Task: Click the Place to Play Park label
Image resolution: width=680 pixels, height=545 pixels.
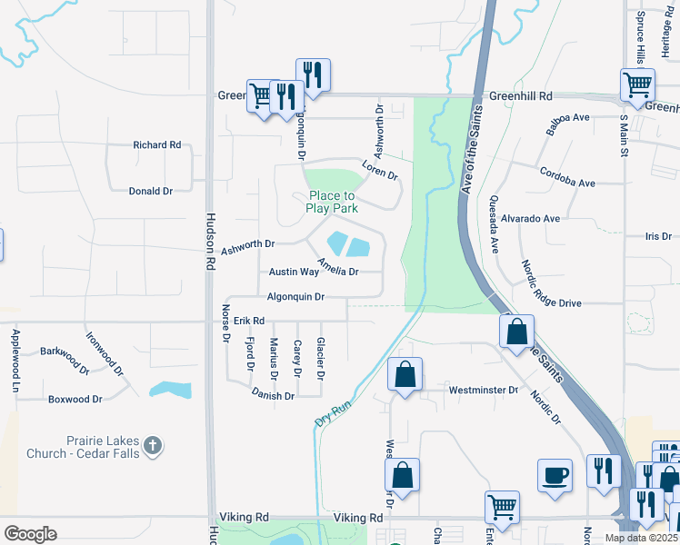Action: (332, 202)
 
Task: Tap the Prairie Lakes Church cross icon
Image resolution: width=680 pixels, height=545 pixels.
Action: (154, 446)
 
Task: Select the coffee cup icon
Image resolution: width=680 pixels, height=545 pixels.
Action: (555, 474)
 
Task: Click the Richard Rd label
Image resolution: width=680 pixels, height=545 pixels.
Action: (156, 144)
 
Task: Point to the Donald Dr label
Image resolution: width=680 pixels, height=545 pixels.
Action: (150, 191)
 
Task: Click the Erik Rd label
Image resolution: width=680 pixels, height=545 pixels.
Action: (248, 321)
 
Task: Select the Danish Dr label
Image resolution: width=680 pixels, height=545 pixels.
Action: (273, 396)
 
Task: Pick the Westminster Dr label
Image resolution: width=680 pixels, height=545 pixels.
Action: (483, 390)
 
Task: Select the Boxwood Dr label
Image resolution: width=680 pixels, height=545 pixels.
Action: (75, 399)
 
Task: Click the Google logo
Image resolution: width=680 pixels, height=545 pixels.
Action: (30, 533)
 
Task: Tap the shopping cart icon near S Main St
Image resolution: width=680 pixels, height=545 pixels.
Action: (637, 85)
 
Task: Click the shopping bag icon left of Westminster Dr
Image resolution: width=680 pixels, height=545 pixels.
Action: (405, 373)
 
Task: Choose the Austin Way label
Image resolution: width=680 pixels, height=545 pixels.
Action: (294, 272)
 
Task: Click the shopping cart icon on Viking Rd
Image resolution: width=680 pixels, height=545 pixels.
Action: (501, 506)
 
